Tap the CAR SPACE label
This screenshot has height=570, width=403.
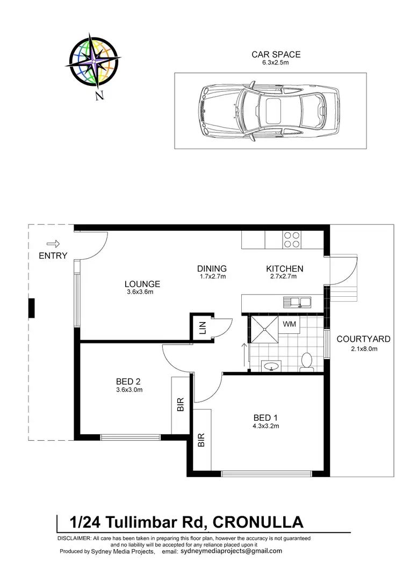(276, 54)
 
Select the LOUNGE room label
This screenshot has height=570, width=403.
(142, 284)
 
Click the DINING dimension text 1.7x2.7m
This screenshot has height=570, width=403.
(212, 277)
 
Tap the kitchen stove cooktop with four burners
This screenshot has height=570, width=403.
(292, 239)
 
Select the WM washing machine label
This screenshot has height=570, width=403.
(289, 324)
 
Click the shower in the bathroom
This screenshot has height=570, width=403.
(264, 330)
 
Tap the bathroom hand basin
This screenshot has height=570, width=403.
(270, 367)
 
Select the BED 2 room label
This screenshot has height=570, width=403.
(128, 382)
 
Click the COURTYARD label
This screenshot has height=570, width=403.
(363, 339)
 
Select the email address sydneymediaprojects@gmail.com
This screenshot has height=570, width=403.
(231, 551)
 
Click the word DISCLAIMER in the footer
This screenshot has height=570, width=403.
(74, 538)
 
